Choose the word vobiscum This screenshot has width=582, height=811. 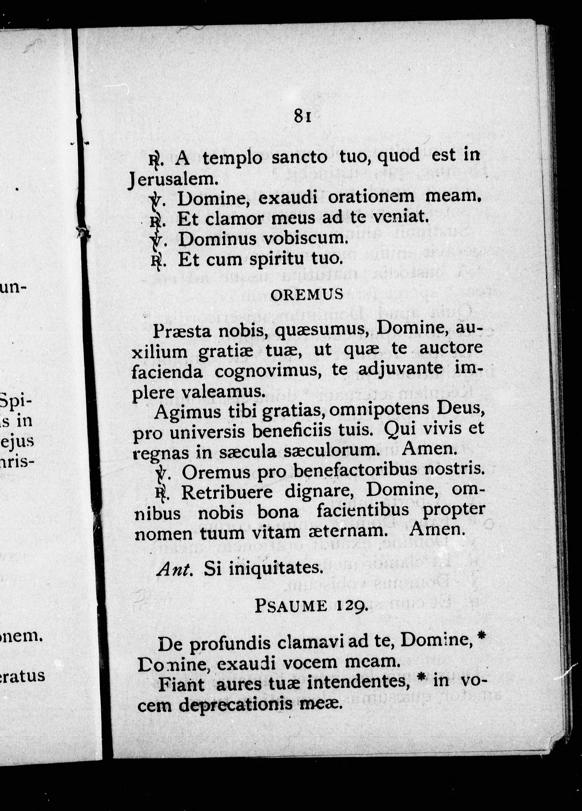(305, 239)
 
